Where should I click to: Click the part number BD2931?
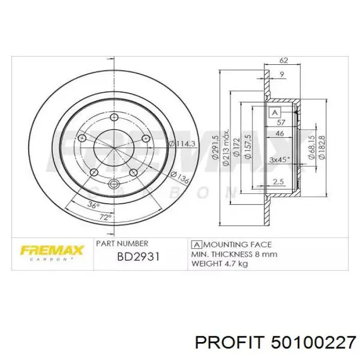tap(138, 257)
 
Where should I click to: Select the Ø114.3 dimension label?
tap(182, 143)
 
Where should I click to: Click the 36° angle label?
tap(93, 205)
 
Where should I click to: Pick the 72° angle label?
tap(105, 217)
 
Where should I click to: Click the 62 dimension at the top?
tap(284, 60)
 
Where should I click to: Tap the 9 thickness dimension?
tap(282, 74)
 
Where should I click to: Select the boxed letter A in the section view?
tap(275, 113)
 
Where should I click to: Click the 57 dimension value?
tap(281, 122)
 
